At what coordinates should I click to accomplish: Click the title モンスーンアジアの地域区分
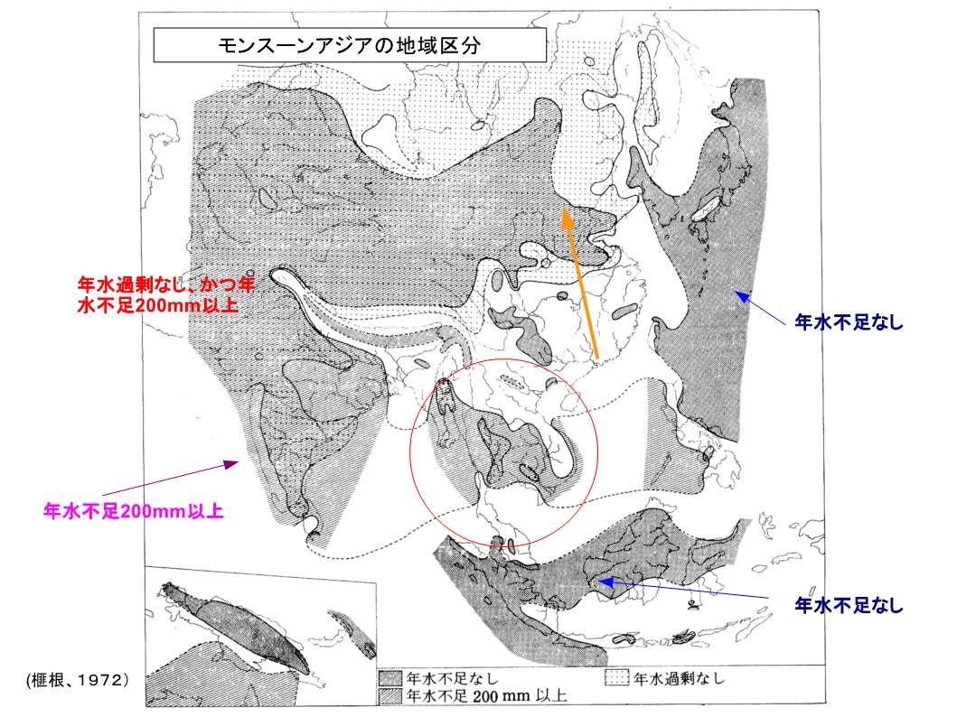(x=349, y=46)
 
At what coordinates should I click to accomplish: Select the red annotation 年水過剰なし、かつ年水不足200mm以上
(x=165, y=294)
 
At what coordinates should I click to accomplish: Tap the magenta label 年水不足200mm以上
(x=133, y=511)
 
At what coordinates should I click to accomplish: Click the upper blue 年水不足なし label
(x=849, y=321)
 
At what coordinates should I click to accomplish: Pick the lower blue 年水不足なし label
(x=849, y=605)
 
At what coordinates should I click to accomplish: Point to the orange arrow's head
(x=568, y=215)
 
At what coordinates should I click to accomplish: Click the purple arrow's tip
(x=238, y=463)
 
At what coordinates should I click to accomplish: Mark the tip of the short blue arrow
(x=736, y=292)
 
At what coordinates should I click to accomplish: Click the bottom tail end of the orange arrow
(x=597, y=358)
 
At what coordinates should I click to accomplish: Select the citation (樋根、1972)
(x=78, y=680)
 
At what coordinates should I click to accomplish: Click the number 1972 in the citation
(x=103, y=680)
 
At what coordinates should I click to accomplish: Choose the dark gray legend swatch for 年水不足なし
(x=390, y=678)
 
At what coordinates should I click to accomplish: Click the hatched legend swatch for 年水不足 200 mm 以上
(x=390, y=695)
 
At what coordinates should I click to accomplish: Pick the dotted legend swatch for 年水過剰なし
(x=617, y=678)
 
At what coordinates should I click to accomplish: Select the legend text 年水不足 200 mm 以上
(x=486, y=695)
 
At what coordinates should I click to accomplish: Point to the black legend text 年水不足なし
(x=452, y=678)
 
